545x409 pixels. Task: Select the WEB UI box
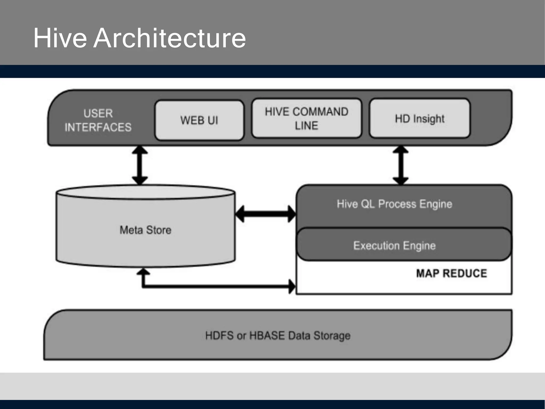[x=199, y=120]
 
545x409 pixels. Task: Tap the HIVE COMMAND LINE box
[x=307, y=118]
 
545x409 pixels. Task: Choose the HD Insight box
[x=420, y=118]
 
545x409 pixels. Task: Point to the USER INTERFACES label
[x=98, y=120]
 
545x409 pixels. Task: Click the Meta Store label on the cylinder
[x=146, y=230]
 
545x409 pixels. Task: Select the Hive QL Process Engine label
[x=394, y=204]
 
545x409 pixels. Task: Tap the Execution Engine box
[x=394, y=245]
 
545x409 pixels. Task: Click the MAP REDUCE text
[x=452, y=273]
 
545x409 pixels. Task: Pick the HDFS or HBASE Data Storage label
[x=278, y=336]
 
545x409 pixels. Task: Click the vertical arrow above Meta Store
[x=140, y=165]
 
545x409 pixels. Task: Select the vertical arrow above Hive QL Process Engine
[x=401, y=165]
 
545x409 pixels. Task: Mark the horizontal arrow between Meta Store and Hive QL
[x=266, y=214]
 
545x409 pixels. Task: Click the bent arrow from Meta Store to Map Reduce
[x=213, y=287]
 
